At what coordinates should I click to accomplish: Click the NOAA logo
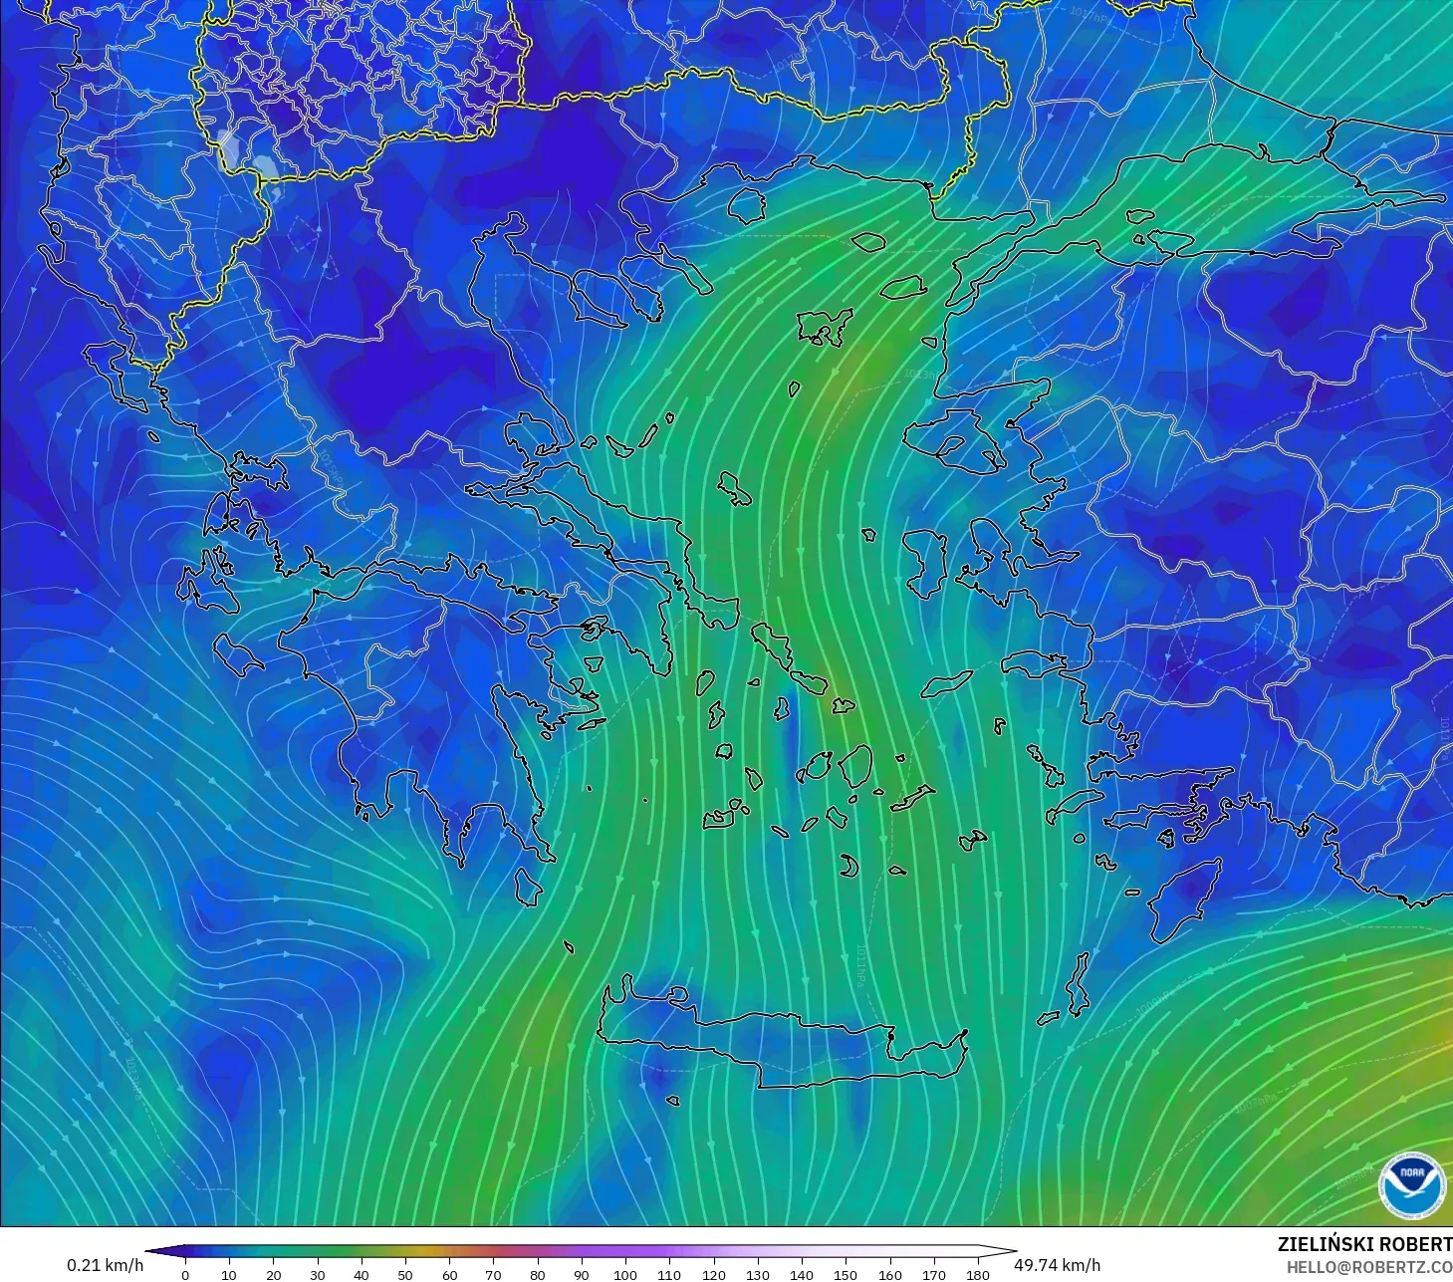(x=1411, y=1185)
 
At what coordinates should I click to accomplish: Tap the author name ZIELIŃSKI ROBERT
(x=1364, y=1244)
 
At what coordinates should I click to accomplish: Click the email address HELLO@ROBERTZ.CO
(x=1368, y=1267)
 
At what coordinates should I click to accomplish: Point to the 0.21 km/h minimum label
(x=105, y=1265)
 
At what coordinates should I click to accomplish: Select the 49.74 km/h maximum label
(x=1057, y=1265)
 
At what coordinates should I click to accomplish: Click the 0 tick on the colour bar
(x=185, y=1274)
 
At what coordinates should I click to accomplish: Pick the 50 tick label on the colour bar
(x=405, y=1274)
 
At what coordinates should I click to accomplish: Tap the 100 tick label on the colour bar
(x=625, y=1274)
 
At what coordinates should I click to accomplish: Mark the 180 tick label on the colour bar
(x=978, y=1274)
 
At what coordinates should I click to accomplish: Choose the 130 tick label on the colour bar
(x=758, y=1274)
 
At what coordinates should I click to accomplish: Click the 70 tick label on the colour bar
(x=493, y=1274)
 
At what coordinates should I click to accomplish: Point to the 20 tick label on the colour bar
(x=273, y=1274)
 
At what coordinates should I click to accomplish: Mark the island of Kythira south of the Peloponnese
(x=528, y=886)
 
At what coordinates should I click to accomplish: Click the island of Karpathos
(x=1078, y=986)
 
